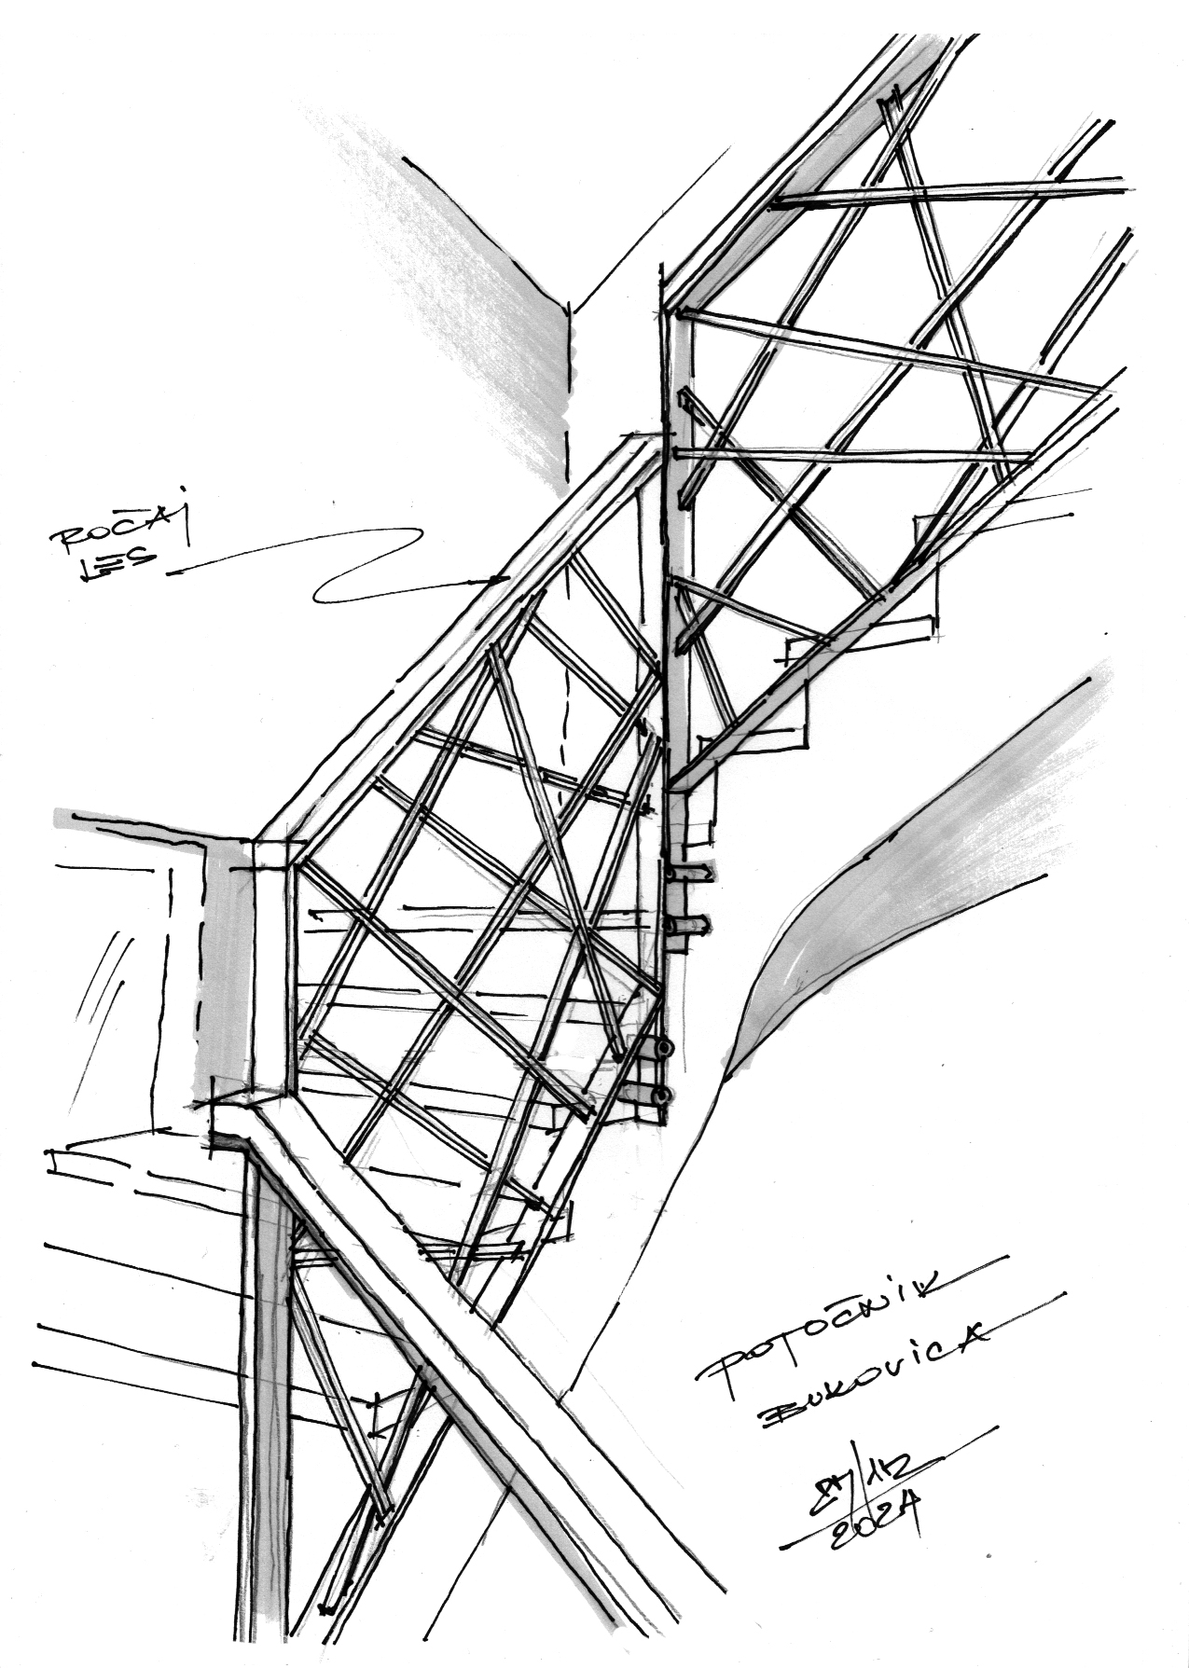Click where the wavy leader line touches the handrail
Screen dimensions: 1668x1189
pyautogui.click(x=505, y=578)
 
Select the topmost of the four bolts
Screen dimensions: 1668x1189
pyautogui.click(x=690, y=874)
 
